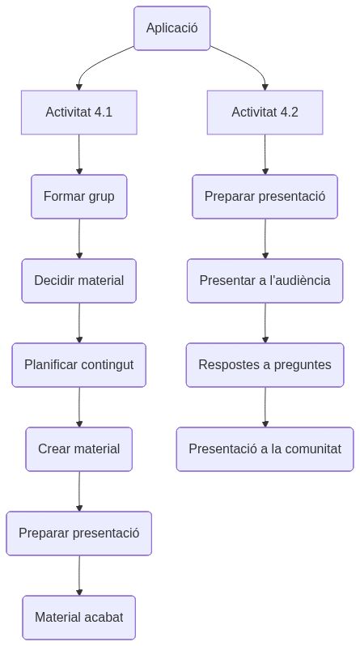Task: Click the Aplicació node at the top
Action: pos(172,28)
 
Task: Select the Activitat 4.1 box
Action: pos(78,113)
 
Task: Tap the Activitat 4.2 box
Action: pos(265,113)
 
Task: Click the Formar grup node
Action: pos(78,197)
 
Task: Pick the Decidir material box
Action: pos(78,281)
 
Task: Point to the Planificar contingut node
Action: pos(78,365)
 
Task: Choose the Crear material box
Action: pos(78,449)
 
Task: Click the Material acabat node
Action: pos(78,618)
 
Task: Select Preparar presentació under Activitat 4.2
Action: pos(265,197)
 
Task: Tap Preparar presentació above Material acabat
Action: pos(78,533)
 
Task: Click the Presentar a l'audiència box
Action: pos(265,281)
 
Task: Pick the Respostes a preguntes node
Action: pos(265,365)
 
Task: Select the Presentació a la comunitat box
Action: pos(265,449)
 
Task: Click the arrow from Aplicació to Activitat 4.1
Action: pos(97,65)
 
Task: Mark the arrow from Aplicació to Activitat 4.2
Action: pos(247,65)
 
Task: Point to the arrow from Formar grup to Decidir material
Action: pos(78,239)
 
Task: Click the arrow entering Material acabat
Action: pos(78,576)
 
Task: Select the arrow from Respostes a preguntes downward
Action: pos(265,407)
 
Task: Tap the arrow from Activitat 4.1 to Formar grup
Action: pos(78,155)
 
